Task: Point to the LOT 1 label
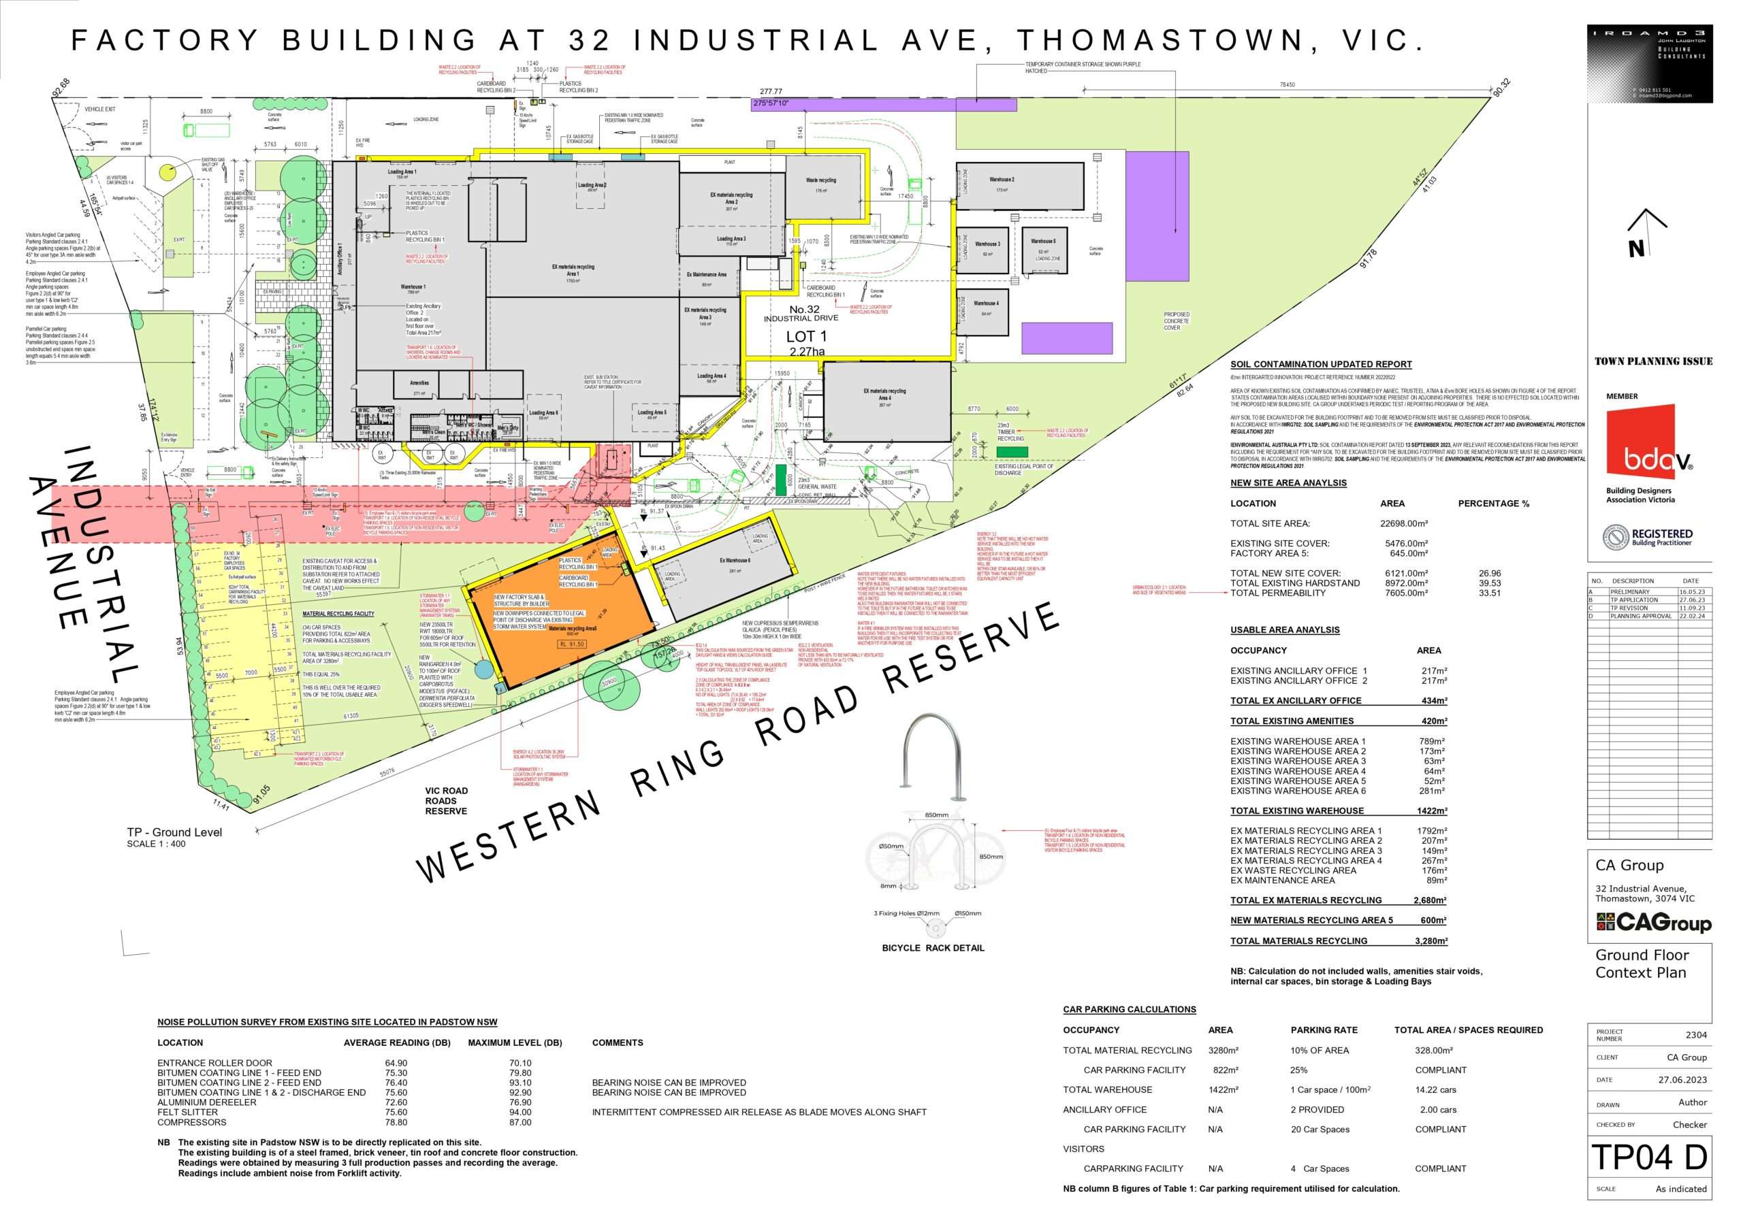(x=806, y=336)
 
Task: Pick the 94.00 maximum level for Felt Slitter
(x=520, y=1113)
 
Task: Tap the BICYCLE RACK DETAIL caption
(x=933, y=948)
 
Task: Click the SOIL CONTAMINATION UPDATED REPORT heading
(x=1321, y=364)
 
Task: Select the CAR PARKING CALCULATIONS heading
(x=1129, y=1009)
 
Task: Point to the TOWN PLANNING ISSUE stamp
(x=1653, y=361)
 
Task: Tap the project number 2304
(x=1696, y=1035)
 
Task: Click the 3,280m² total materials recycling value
(x=1431, y=941)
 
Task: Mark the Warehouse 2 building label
(x=1002, y=180)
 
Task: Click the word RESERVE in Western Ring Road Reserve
(x=972, y=650)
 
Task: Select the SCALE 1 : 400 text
(x=156, y=844)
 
